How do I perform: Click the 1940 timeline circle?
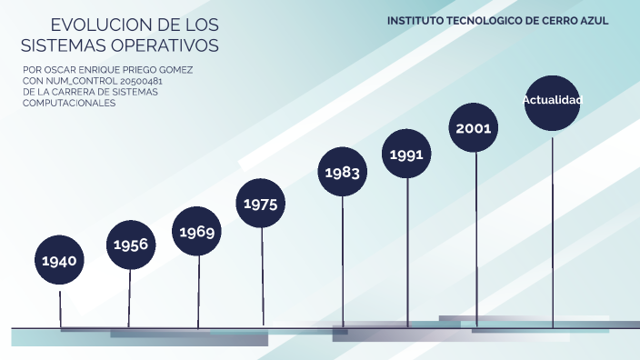click(60, 262)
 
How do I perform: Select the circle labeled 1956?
click(131, 245)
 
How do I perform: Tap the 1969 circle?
click(197, 232)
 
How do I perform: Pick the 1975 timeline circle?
click(261, 204)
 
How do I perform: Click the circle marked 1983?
click(343, 172)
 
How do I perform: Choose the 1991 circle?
click(406, 155)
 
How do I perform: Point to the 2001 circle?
click(475, 128)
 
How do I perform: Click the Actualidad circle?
click(552, 100)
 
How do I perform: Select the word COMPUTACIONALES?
click(69, 103)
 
